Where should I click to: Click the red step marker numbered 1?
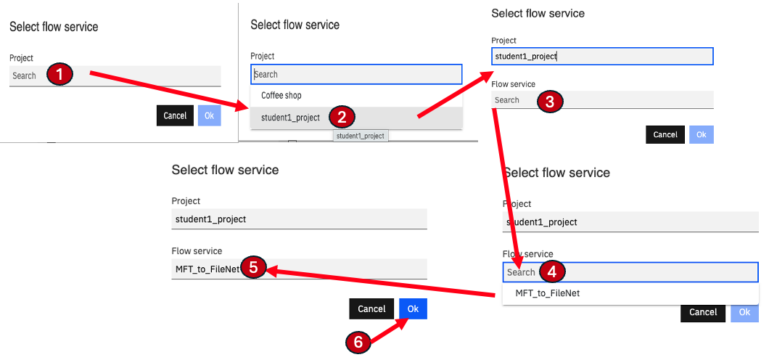click(x=59, y=75)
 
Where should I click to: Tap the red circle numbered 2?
click(x=342, y=118)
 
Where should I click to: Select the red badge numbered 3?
click(x=550, y=102)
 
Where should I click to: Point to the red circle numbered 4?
click(x=552, y=272)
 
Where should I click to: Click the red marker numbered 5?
click(x=253, y=268)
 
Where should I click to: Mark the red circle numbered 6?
click(x=358, y=342)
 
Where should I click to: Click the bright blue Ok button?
click(x=413, y=309)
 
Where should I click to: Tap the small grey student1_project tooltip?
click(x=361, y=136)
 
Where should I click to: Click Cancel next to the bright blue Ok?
click(x=371, y=309)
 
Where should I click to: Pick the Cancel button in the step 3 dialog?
click(x=665, y=134)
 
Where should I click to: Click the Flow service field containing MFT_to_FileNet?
click(x=299, y=269)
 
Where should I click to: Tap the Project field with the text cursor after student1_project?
click(x=602, y=57)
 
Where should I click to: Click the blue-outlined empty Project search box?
click(x=356, y=75)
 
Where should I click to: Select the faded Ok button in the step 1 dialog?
click(x=210, y=115)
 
